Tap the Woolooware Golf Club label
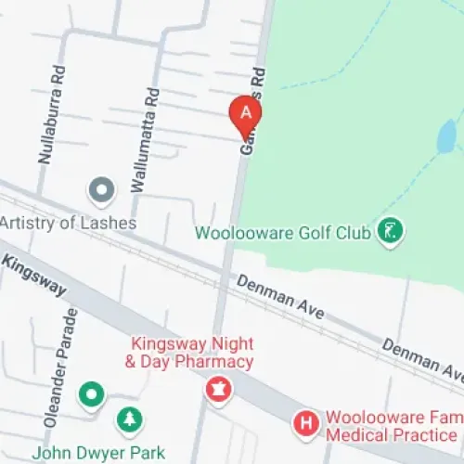(x=282, y=231)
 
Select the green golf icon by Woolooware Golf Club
(x=392, y=231)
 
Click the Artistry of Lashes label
(x=68, y=224)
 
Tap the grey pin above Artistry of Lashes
(x=100, y=191)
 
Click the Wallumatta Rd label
(x=146, y=140)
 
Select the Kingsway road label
(x=34, y=275)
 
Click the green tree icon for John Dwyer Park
(x=130, y=420)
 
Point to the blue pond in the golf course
(x=446, y=137)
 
